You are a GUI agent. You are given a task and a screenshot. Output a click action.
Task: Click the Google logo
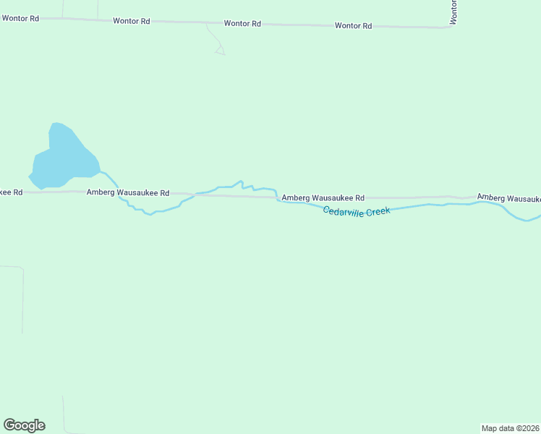(24, 425)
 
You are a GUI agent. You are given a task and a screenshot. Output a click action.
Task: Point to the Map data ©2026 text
(510, 428)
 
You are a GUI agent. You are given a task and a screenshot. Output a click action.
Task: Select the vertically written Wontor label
(453, 12)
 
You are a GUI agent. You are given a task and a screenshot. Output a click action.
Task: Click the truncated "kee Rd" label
(12, 192)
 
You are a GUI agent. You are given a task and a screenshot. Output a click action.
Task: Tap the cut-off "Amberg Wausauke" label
(508, 198)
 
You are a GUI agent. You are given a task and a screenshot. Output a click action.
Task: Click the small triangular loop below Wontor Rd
(220, 51)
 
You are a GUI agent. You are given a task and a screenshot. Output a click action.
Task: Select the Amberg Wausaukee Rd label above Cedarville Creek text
(323, 197)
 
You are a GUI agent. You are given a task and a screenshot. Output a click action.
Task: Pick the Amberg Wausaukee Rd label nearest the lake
(127, 193)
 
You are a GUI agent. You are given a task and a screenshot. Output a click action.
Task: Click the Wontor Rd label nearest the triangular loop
(242, 24)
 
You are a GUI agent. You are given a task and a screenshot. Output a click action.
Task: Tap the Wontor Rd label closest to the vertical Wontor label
(353, 26)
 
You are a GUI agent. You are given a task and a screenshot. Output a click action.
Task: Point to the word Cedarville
(343, 211)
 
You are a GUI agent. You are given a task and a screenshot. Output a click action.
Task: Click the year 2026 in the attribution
(529, 428)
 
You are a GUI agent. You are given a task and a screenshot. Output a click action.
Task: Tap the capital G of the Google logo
(9, 425)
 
